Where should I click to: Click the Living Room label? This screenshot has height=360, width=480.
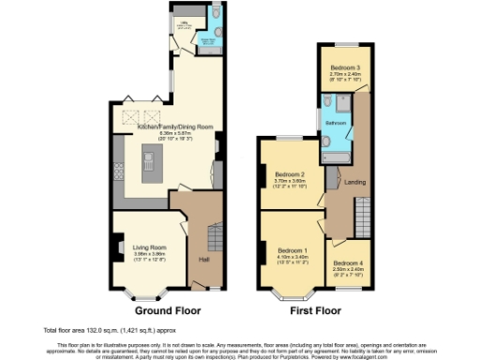click(148, 247)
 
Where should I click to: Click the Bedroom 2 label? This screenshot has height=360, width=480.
click(291, 174)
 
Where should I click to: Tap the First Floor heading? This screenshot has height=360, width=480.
click(313, 309)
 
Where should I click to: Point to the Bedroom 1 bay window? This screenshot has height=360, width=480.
click(284, 292)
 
